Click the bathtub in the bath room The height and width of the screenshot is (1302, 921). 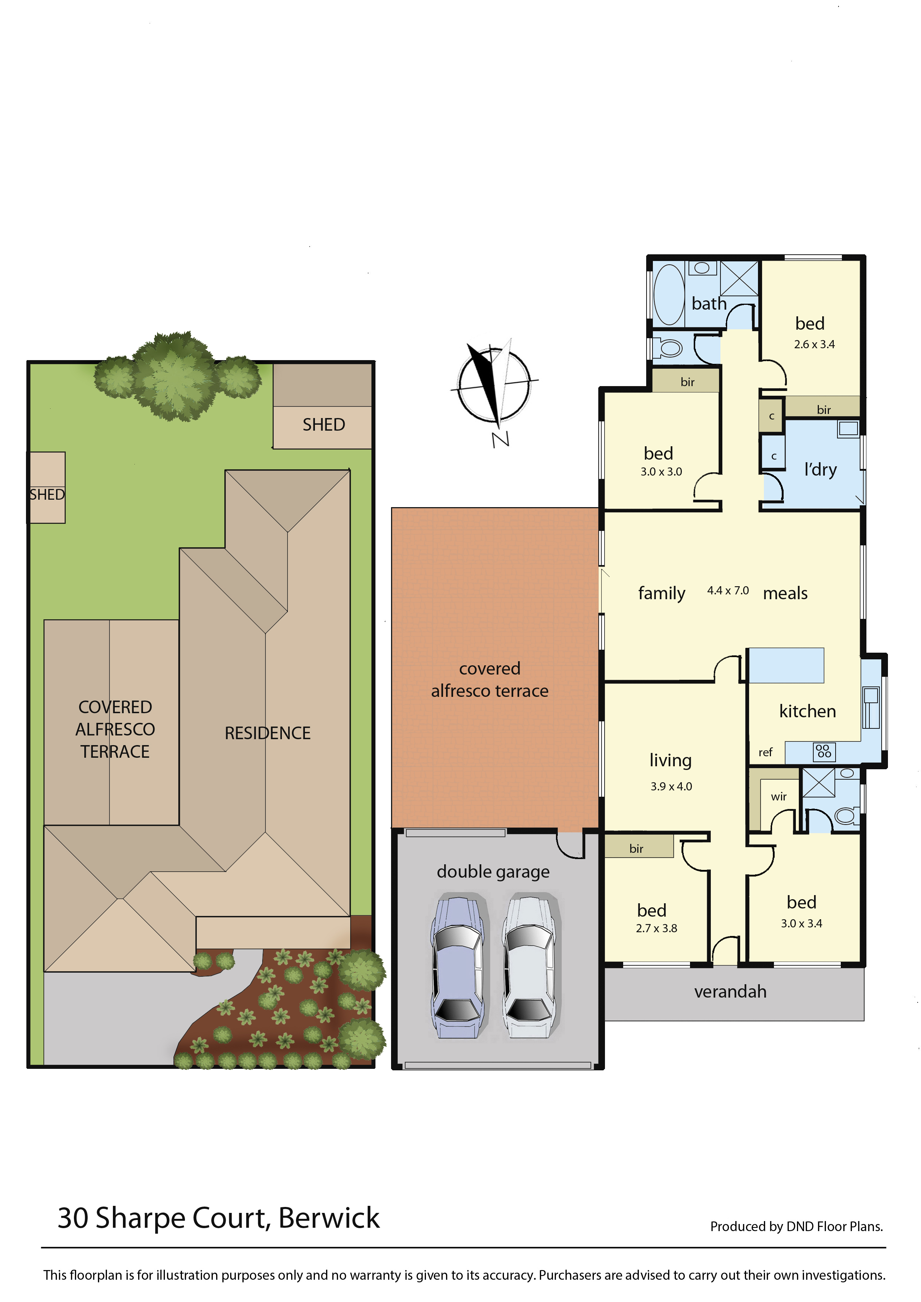669,294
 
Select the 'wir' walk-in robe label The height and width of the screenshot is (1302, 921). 779,797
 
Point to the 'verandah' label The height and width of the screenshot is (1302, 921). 730,991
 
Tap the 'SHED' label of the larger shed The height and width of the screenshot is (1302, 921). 324,424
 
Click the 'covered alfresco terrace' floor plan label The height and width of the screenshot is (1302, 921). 489,679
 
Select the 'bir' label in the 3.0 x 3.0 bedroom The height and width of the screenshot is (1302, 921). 687,382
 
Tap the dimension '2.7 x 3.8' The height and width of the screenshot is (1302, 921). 656,928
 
